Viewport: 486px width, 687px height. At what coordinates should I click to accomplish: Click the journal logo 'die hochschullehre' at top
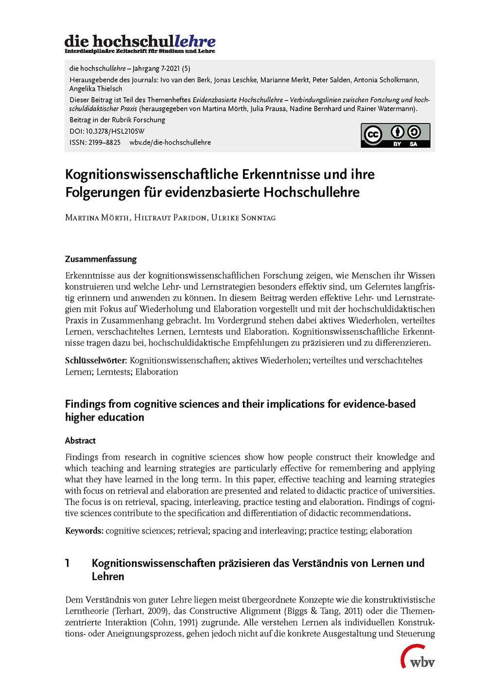pos(140,43)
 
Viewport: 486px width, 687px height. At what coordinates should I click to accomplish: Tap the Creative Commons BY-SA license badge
pos(395,136)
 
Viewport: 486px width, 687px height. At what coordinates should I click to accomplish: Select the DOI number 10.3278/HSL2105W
pos(115,131)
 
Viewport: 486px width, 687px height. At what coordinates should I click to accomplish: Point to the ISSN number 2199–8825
pos(104,142)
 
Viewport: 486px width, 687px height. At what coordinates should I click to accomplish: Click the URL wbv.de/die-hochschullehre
pos(170,142)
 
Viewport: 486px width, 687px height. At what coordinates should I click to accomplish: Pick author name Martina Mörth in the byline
pos(97,218)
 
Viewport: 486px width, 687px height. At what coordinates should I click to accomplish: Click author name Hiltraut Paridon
pos(170,218)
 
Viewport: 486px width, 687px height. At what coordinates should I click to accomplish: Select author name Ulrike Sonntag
pos(243,218)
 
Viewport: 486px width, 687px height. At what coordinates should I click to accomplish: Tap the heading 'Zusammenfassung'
pos(101,259)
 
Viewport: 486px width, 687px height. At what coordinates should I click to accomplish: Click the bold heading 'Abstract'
pos(80,441)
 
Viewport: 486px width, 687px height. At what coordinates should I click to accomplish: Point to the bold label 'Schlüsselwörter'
pos(96,361)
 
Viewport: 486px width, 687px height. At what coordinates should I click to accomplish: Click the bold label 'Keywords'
pos(84,531)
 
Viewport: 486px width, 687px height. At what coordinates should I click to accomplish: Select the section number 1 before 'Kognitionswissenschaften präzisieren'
pos(68,564)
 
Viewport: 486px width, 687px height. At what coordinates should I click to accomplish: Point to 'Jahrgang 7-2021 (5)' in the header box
pos(160,69)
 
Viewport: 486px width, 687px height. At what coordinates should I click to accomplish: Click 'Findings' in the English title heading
pos(85,404)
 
